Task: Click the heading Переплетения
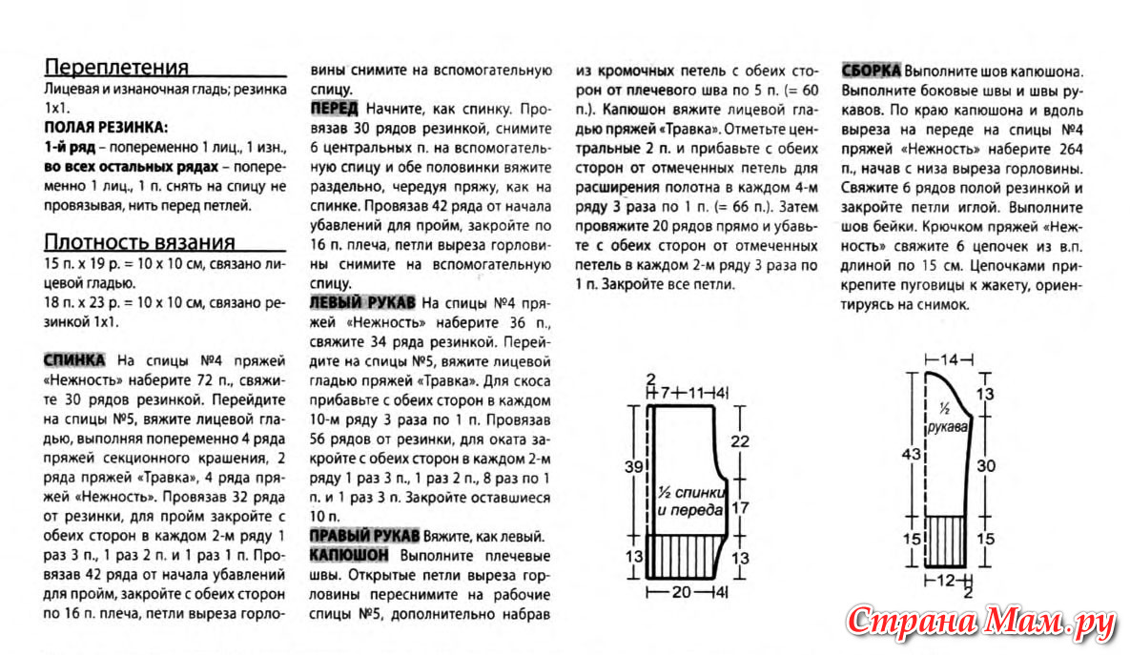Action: [x=117, y=67]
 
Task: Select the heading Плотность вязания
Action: [x=140, y=242]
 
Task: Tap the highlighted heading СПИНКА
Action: [x=74, y=360]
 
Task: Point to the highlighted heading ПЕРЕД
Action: [x=335, y=108]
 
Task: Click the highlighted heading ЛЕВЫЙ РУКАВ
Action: [x=362, y=302]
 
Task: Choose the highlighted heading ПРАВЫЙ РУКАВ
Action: [x=365, y=535]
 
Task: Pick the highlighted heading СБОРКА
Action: [x=871, y=72]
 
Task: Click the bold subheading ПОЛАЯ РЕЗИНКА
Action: [x=106, y=127]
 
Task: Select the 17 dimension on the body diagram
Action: [x=739, y=507]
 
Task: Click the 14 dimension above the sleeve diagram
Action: [x=949, y=359]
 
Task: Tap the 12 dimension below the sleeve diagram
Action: [x=947, y=580]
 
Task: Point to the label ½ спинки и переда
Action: [x=689, y=501]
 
